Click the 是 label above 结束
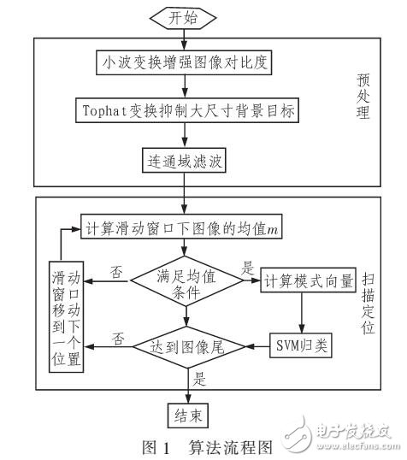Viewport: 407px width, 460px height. pyautogui.click(x=200, y=380)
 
